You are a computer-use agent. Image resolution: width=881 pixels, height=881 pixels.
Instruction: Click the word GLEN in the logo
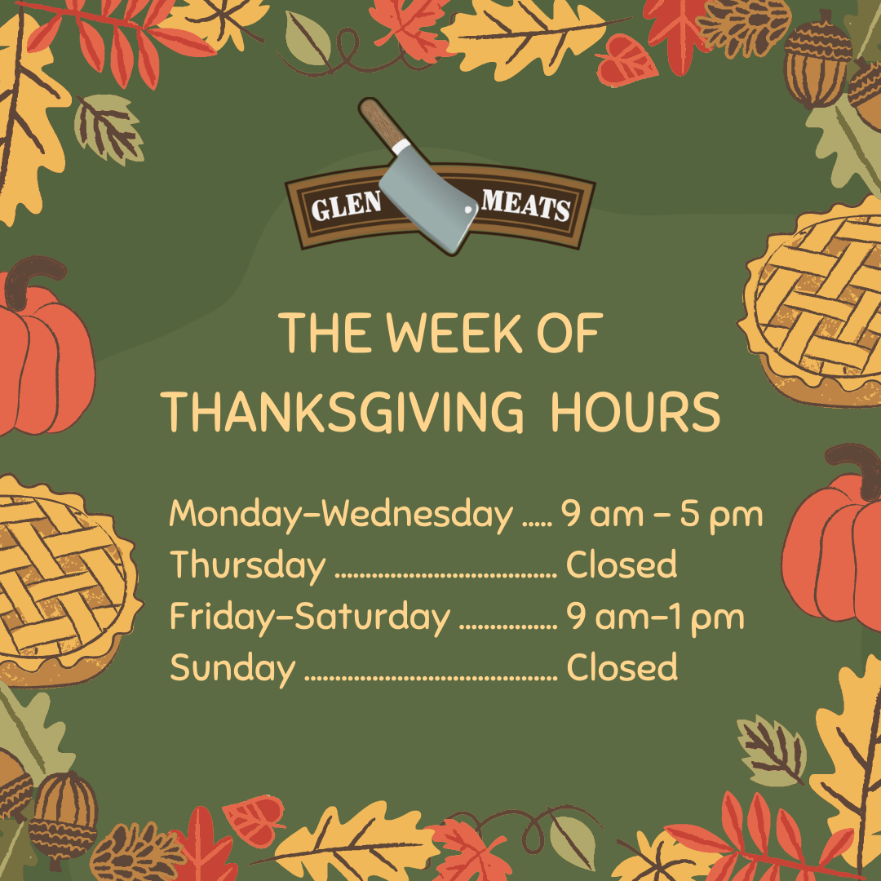[x=346, y=205]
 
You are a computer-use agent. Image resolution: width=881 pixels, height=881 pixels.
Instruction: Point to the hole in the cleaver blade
[x=468, y=210]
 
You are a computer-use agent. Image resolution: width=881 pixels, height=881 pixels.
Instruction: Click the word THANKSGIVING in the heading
[x=345, y=412]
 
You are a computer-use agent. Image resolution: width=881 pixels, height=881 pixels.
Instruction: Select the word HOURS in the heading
[x=635, y=412]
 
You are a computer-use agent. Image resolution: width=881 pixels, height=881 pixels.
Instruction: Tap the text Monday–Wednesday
[x=341, y=515]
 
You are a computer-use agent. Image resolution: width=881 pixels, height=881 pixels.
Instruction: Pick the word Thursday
[x=248, y=565]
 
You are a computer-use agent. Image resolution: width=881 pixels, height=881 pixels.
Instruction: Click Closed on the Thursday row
[x=622, y=564]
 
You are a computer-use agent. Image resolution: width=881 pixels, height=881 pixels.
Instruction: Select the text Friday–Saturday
[x=310, y=617]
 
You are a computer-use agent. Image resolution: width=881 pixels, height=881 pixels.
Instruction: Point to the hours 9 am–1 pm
[x=655, y=618]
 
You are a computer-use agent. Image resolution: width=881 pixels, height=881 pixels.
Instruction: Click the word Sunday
[x=232, y=668]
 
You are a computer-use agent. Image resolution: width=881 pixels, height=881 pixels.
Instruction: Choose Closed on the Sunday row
[x=622, y=667]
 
